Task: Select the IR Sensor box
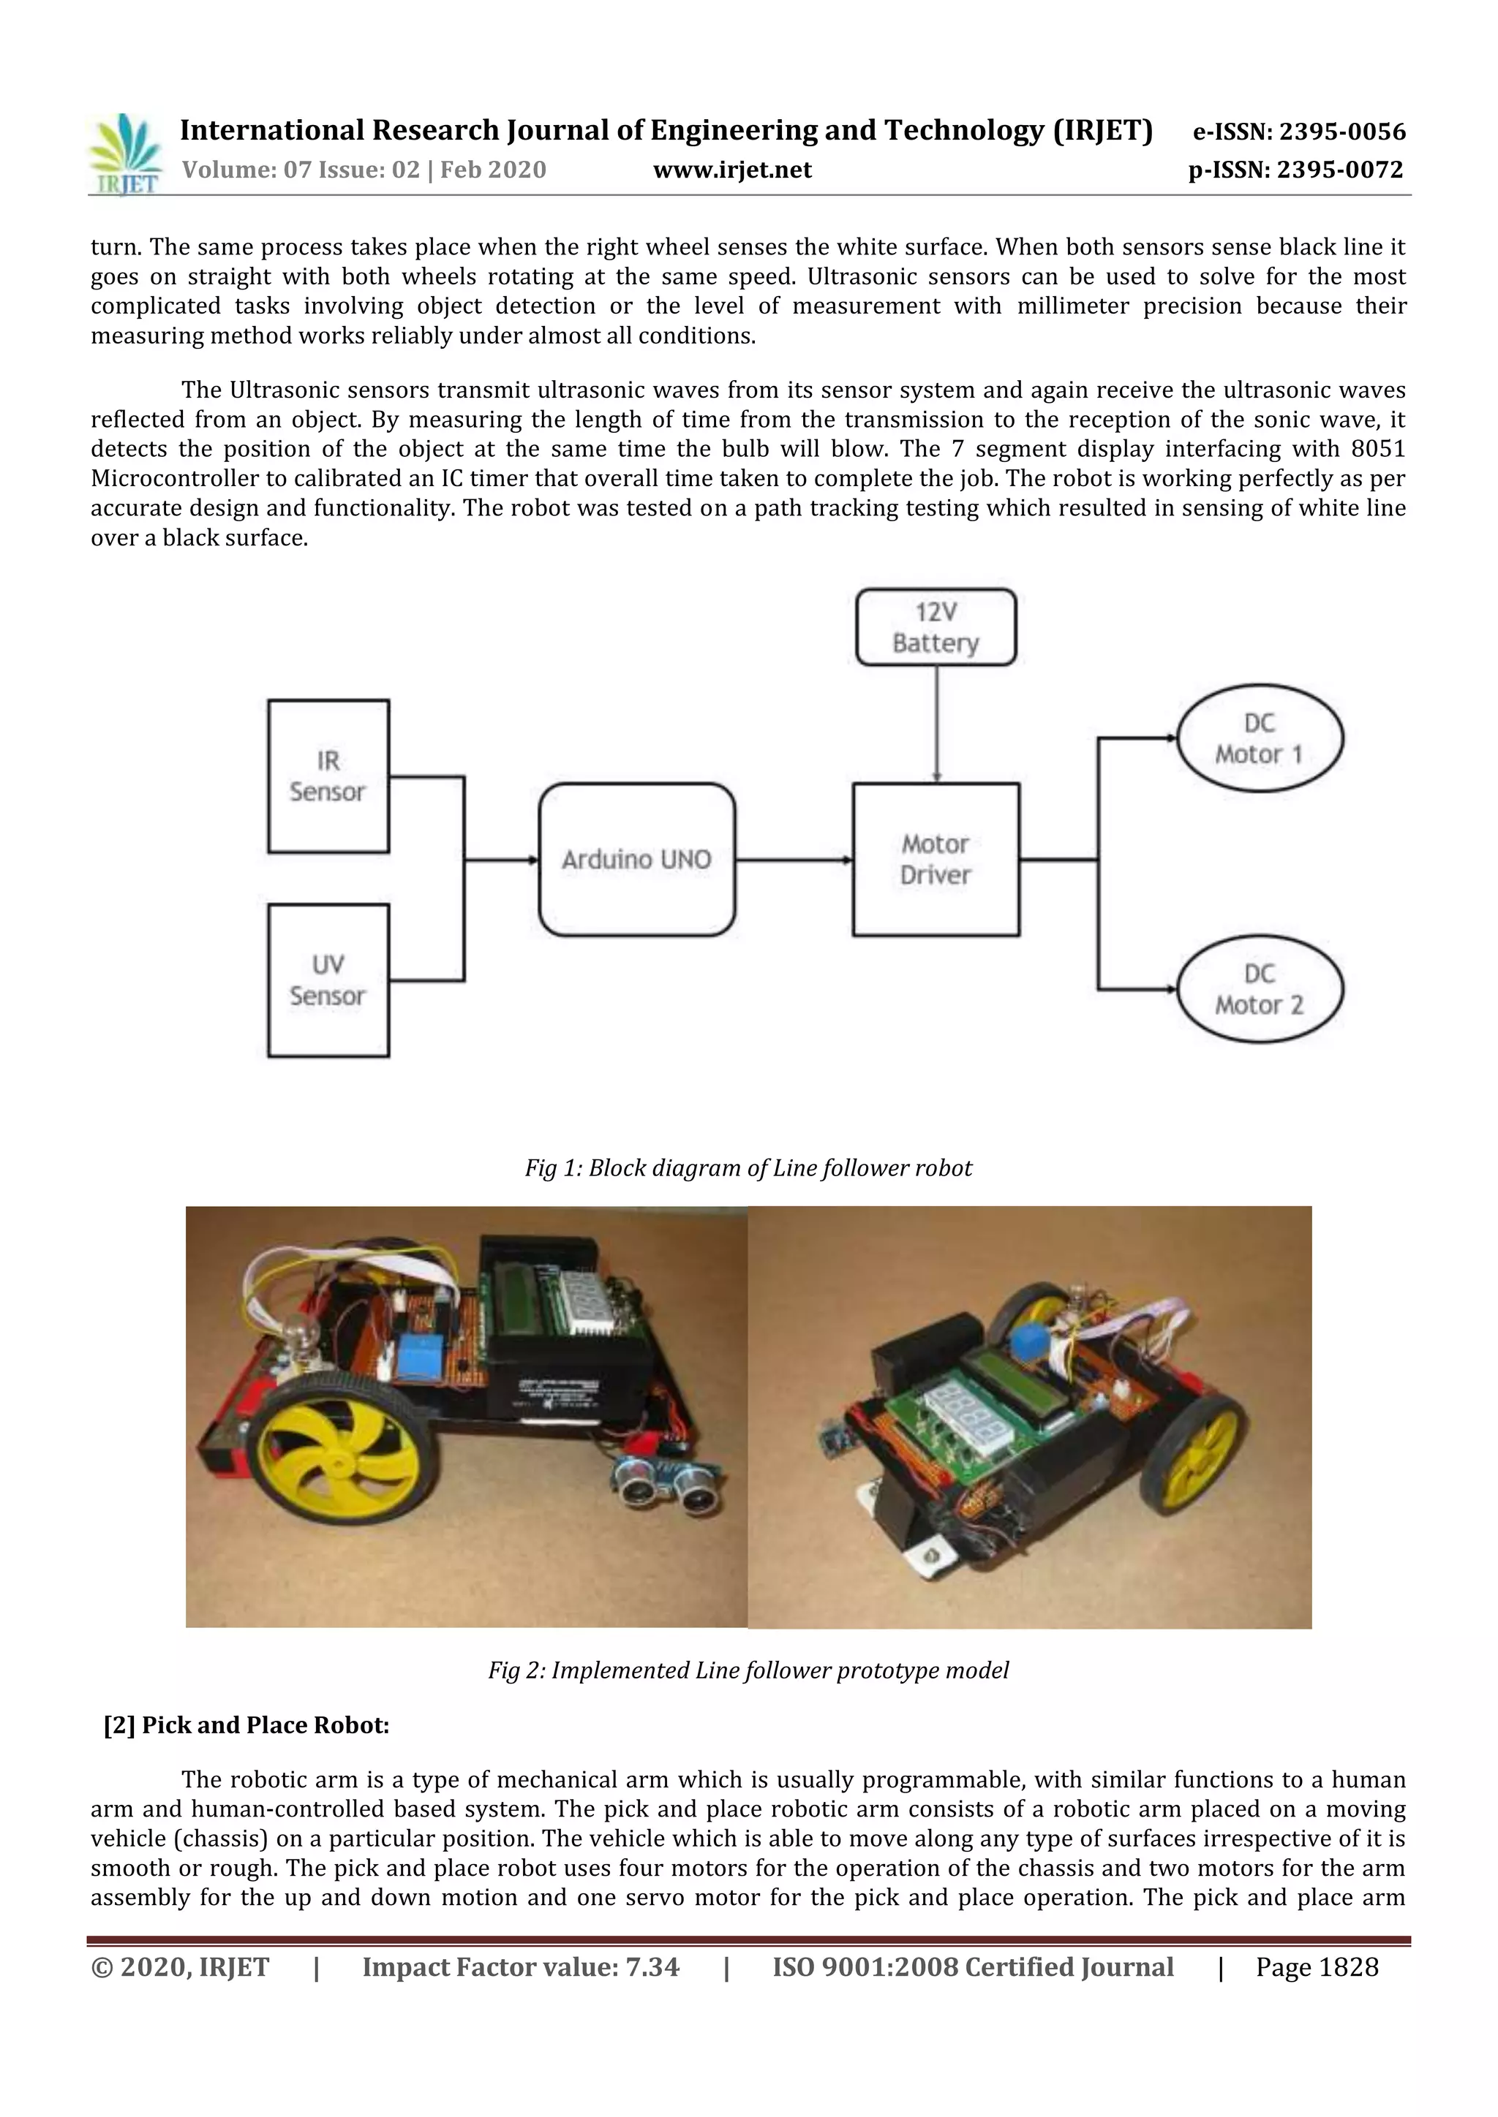coord(328,776)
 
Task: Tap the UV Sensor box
coord(328,980)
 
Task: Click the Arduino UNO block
coord(636,860)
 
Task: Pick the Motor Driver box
coord(936,860)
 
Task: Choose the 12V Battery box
coord(936,627)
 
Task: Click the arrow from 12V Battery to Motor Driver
coord(937,724)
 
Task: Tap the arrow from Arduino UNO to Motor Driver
coord(794,860)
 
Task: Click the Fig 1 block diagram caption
coord(748,1168)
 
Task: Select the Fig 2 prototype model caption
coord(748,1670)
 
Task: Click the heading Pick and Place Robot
coord(246,1725)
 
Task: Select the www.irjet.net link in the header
coord(732,170)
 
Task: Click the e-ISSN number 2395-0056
coord(1342,132)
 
